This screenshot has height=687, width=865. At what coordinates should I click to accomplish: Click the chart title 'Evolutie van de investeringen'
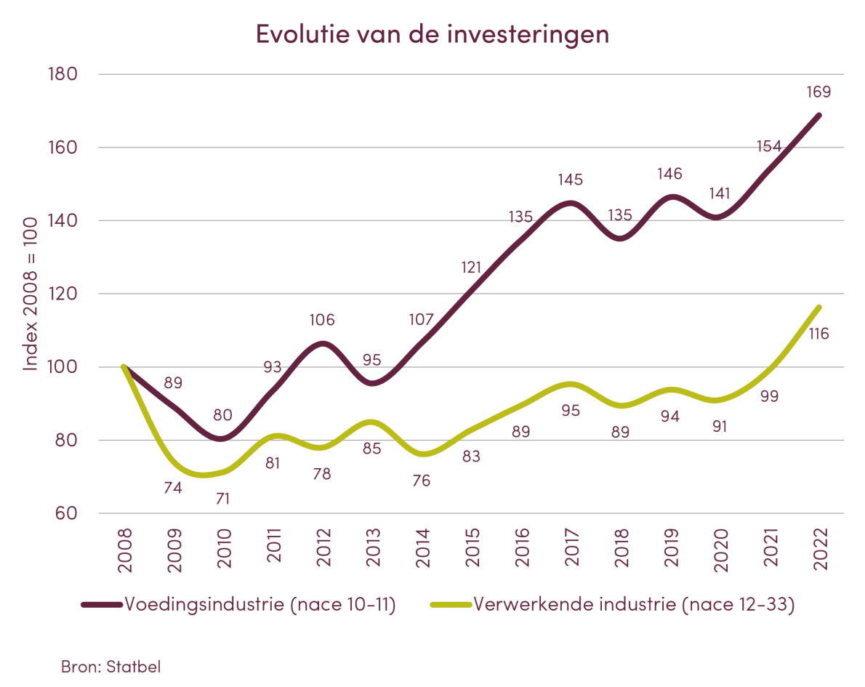point(432,35)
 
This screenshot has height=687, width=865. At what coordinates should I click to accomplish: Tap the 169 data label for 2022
point(818,92)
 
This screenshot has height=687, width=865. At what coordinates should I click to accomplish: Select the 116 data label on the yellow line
point(818,335)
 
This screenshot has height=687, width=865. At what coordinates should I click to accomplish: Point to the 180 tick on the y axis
point(63,75)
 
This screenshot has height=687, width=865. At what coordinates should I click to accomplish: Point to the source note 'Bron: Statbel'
point(110,666)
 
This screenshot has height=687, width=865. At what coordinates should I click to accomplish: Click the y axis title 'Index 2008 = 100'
point(31,294)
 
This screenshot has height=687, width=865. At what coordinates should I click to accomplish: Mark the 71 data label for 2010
point(222,499)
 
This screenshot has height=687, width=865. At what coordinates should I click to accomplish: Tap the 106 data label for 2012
point(322,320)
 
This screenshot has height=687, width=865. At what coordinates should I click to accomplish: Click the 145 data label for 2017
point(571,179)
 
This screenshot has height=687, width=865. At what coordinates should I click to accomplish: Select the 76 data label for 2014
point(422,481)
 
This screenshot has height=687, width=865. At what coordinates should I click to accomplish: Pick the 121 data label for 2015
point(471,268)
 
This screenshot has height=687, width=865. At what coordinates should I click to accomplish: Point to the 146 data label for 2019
point(670,174)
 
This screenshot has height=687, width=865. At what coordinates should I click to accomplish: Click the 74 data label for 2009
point(173,489)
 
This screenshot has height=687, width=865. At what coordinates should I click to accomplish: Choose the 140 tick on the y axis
point(63,221)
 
